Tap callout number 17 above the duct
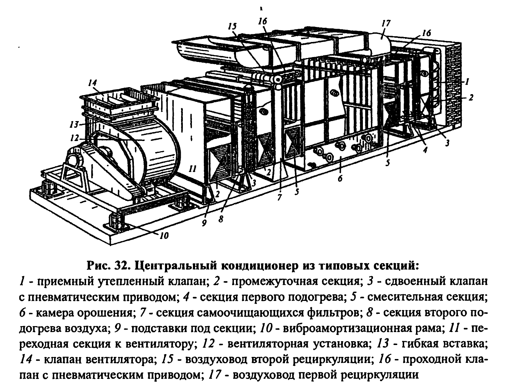pos(386,23)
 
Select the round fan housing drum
pos(157,154)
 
